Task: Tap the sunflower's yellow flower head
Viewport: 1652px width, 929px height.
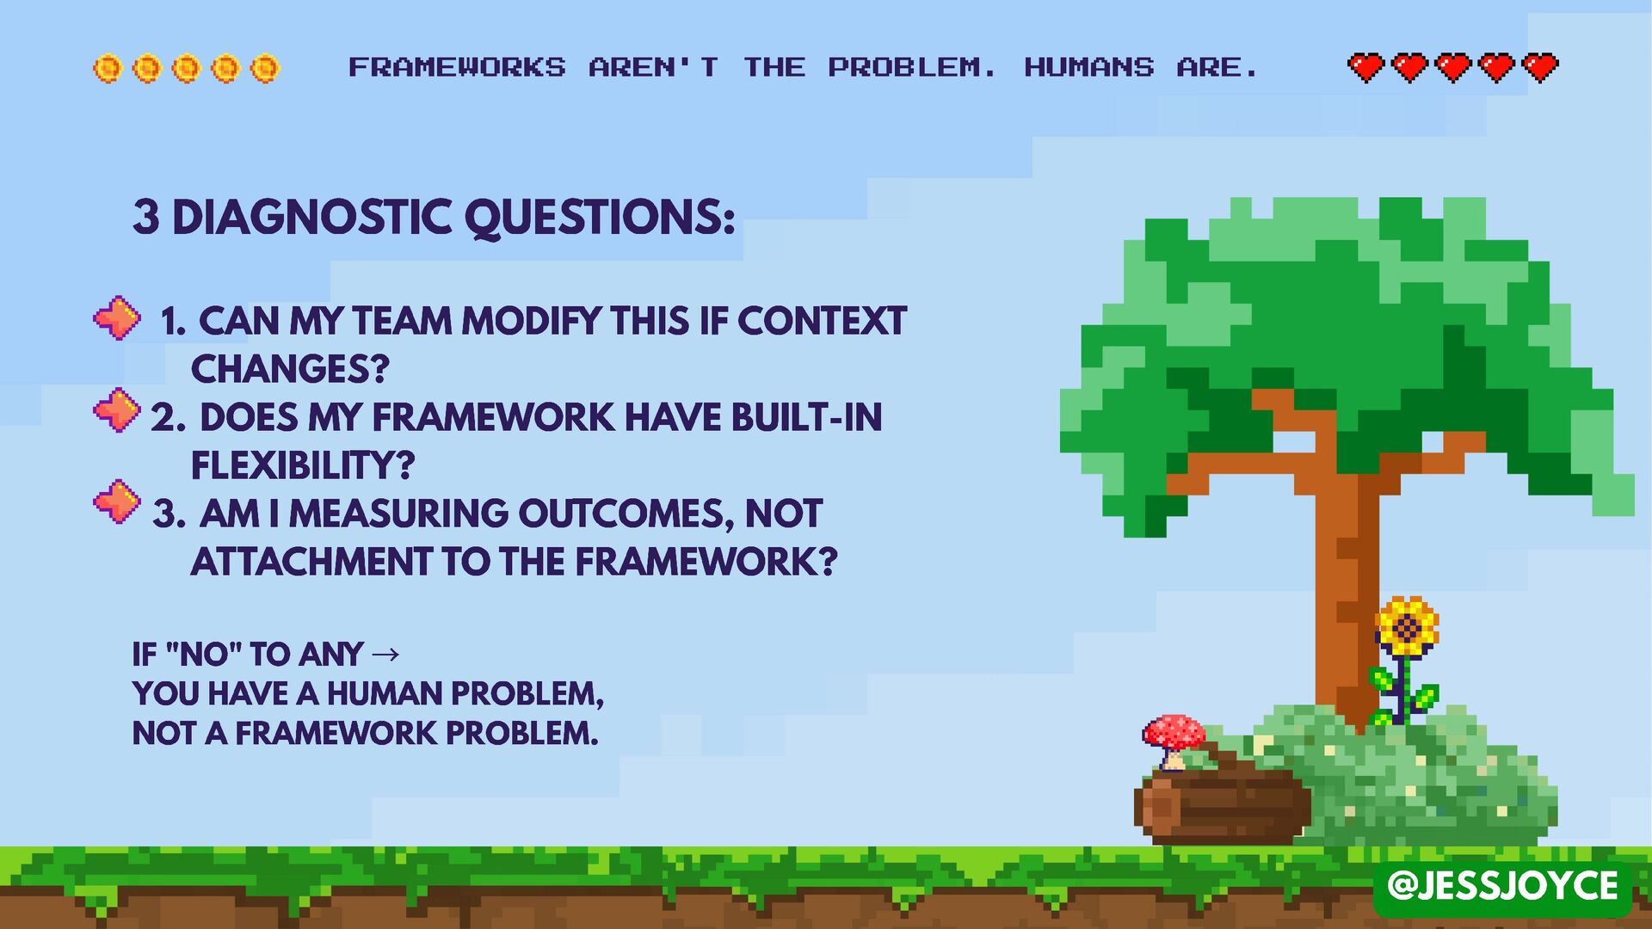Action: coord(1407,627)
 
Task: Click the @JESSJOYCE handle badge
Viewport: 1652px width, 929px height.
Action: coord(1502,886)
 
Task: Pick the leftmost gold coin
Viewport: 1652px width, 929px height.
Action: coord(108,68)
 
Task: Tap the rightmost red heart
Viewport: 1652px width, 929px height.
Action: coord(1540,67)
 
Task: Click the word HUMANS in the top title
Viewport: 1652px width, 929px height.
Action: coord(1088,67)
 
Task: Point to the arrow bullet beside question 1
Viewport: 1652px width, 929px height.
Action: coord(116,318)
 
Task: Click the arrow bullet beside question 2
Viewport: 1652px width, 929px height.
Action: coord(116,410)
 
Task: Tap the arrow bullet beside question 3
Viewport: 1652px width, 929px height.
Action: coord(116,502)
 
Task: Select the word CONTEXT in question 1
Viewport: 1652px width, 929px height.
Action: coord(822,322)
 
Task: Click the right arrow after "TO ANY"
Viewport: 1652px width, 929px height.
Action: coord(386,655)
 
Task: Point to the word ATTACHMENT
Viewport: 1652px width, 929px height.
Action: coord(311,563)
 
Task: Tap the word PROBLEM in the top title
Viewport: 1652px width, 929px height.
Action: coord(911,67)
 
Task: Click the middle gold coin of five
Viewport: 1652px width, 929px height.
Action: coord(186,68)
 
